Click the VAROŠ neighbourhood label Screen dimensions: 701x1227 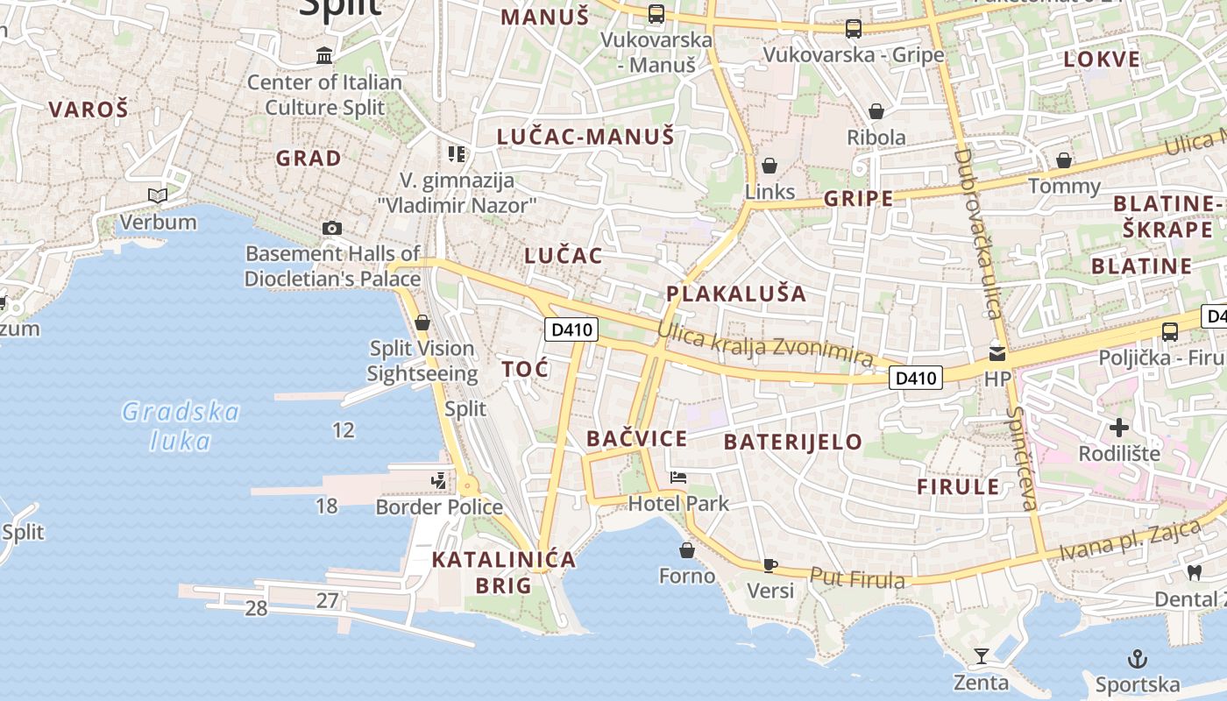(88, 110)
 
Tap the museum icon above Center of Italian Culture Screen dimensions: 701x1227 (324, 56)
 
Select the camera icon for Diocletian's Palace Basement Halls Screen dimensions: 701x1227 (331, 229)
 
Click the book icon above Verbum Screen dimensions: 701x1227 (158, 195)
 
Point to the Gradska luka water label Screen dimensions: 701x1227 (181, 426)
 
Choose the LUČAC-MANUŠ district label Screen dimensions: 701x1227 (585, 137)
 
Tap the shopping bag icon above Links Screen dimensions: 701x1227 (770, 166)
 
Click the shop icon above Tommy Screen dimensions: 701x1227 (1063, 160)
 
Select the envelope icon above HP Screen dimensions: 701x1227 (997, 354)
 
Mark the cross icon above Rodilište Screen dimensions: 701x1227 (1118, 428)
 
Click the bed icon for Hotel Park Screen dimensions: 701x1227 (677, 478)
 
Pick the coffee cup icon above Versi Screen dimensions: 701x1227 (770, 565)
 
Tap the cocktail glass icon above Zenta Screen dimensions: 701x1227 (981, 656)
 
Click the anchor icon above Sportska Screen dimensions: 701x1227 (1137, 658)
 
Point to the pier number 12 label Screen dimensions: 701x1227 (344, 429)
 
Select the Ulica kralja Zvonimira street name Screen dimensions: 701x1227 (764, 343)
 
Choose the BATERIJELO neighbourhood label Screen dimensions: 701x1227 (793, 442)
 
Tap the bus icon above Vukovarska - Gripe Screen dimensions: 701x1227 (853, 29)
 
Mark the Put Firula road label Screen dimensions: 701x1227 (857, 578)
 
